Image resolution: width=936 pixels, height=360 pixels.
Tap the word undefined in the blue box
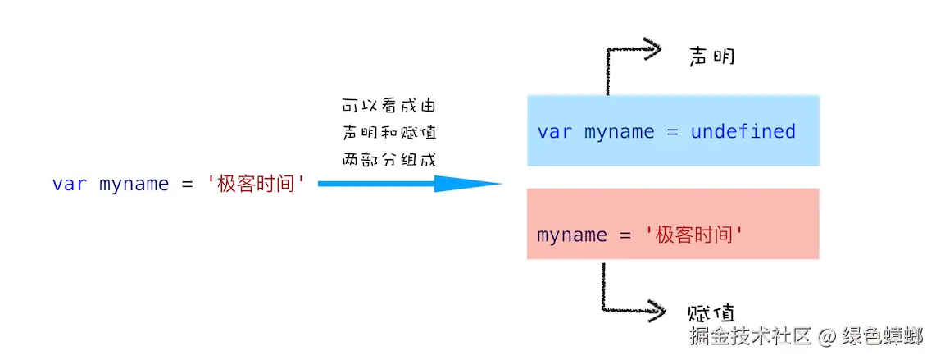tap(743, 131)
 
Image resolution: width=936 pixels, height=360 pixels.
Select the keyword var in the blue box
tap(555, 132)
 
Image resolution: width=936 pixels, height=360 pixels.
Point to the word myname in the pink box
tap(572, 236)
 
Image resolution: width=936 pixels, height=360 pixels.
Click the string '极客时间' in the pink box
tap(694, 235)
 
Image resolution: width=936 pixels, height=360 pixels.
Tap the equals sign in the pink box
tap(625, 235)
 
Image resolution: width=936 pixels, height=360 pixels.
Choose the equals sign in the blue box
tap(673, 132)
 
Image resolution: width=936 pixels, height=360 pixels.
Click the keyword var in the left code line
tap(70, 185)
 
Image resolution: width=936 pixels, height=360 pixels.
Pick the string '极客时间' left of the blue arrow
tap(257, 184)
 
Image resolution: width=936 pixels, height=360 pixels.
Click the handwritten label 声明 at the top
tap(711, 56)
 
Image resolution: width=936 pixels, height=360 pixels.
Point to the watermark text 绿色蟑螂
tap(882, 336)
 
